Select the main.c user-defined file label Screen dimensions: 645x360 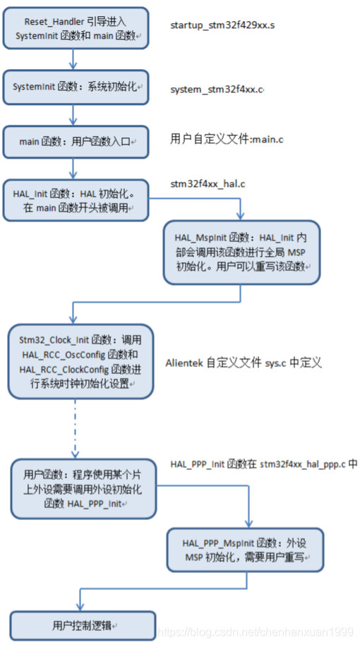(227, 138)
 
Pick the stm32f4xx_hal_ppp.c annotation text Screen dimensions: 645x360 (263, 464)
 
